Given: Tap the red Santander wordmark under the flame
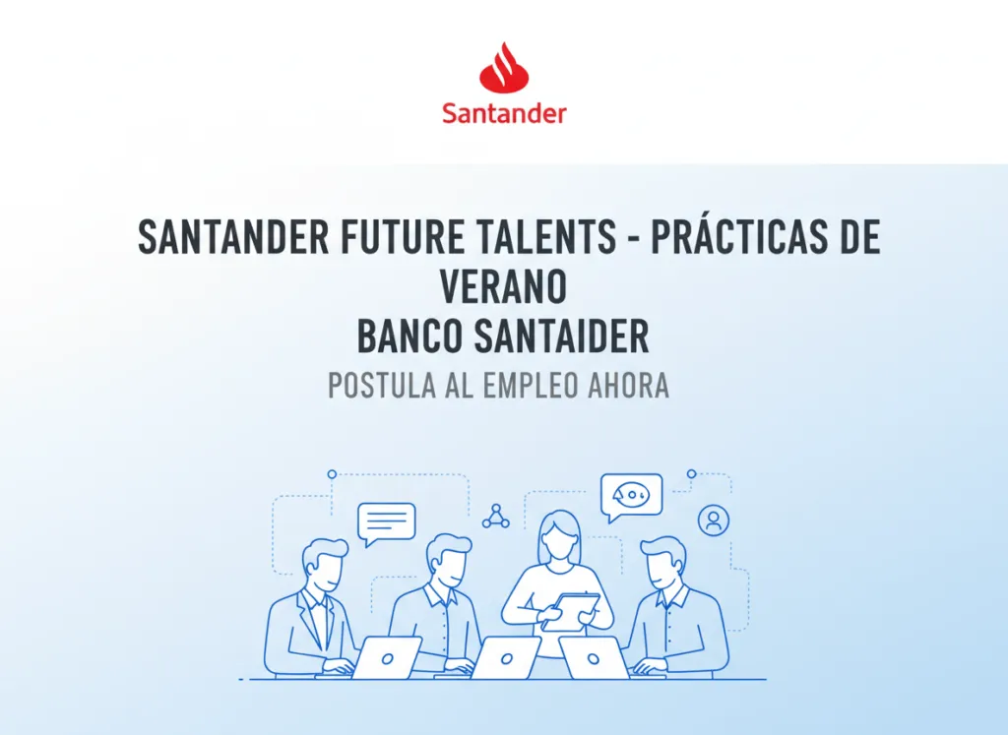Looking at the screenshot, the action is (504, 114).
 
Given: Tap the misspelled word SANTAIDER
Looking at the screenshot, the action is (562, 337).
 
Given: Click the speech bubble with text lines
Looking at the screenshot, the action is (386, 523).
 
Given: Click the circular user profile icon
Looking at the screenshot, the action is (713, 520).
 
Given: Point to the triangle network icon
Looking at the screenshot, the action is (496, 516).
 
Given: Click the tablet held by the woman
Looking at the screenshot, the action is (570, 611).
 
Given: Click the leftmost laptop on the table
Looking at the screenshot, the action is (386, 657).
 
